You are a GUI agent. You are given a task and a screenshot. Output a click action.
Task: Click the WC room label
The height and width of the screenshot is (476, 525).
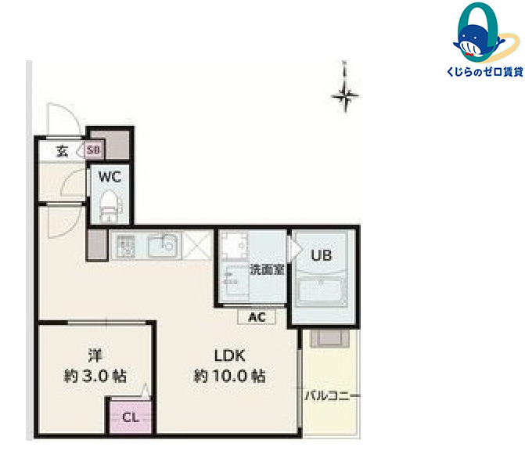110,177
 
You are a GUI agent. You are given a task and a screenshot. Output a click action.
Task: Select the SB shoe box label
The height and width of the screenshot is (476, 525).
93,150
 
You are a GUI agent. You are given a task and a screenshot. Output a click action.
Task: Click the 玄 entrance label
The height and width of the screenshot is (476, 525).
63,151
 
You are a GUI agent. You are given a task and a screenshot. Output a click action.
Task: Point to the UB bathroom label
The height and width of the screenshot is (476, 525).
322,255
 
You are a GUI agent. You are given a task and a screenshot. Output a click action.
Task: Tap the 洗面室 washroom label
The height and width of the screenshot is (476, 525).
267,269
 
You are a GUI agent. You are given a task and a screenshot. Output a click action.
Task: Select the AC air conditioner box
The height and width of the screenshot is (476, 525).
257,317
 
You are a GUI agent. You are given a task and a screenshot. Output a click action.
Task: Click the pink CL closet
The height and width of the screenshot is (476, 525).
131,416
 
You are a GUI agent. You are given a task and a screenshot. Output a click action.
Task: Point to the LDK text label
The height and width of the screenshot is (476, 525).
230,355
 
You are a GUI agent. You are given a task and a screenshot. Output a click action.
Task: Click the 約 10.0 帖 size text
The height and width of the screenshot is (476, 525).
230,376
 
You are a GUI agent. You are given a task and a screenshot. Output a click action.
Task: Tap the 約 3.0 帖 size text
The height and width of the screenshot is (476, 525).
95,376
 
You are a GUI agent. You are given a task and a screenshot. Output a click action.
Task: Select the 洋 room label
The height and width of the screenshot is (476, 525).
95,355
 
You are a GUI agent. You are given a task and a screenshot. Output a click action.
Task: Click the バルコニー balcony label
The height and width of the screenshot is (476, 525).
333,396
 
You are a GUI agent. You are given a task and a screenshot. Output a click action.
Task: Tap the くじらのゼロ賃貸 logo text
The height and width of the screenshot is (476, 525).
485,71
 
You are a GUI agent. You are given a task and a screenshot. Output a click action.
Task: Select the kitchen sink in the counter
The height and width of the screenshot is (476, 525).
163,246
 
